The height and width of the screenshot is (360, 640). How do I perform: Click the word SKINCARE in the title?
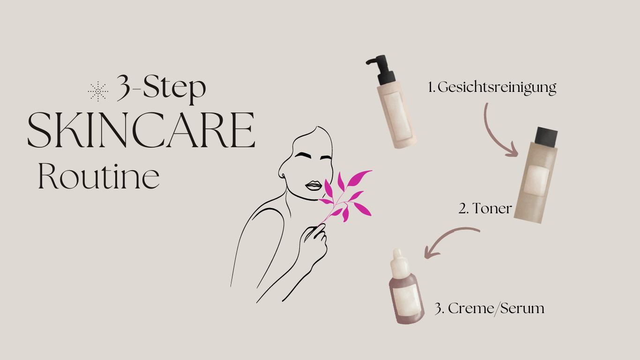coord(141,130)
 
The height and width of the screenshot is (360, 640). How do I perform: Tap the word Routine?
coord(98,176)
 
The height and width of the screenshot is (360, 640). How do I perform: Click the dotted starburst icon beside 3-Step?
coord(98,91)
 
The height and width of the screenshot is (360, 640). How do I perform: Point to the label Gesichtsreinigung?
coord(492,87)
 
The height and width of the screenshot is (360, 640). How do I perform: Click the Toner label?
coord(485,208)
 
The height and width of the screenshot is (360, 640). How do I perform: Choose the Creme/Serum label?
coord(490,308)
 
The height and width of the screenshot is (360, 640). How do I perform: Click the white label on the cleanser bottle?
coord(398,116)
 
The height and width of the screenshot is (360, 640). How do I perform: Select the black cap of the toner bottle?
coord(546,137)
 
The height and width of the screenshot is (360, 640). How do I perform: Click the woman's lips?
coord(313,186)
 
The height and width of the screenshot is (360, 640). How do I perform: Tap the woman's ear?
coord(282,172)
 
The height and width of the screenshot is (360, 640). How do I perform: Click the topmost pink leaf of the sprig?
coord(359,178)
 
